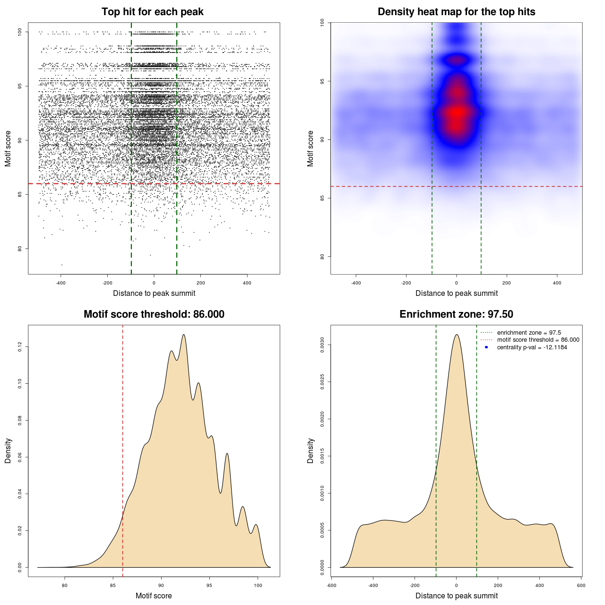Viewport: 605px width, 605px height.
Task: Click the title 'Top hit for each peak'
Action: pyautogui.click(x=152, y=12)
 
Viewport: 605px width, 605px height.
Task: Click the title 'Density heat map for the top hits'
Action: pyautogui.click(x=456, y=12)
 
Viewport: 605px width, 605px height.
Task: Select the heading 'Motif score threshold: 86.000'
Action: pyautogui.click(x=154, y=314)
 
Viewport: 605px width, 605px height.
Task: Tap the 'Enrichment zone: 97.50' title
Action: pyautogui.click(x=456, y=314)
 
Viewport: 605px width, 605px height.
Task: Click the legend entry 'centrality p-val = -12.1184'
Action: pyautogui.click(x=532, y=347)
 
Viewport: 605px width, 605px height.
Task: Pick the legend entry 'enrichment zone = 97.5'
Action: pyautogui.click(x=529, y=333)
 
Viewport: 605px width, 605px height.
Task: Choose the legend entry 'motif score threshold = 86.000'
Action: pyautogui.click(x=538, y=340)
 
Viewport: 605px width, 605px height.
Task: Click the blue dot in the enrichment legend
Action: pyautogui.click(x=486, y=347)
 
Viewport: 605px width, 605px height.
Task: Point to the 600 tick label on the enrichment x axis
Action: pyautogui.click(x=581, y=585)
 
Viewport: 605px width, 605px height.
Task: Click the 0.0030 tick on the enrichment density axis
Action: pyautogui.click(x=322, y=345)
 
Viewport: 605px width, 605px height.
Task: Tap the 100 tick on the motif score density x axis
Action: pyautogui.click(x=258, y=585)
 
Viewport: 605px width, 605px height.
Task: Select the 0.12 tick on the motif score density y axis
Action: pyautogui.click(x=20, y=347)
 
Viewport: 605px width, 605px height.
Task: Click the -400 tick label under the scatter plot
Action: pyautogui.click(x=60, y=283)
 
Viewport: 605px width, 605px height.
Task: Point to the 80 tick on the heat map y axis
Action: pyautogui.click(x=322, y=257)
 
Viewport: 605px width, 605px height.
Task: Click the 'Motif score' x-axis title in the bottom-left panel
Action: pyautogui.click(x=154, y=596)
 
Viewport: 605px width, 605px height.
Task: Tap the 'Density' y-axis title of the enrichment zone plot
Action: pyautogui.click(x=311, y=450)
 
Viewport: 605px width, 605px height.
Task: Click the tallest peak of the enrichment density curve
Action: pyautogui.click(x=456, y=335)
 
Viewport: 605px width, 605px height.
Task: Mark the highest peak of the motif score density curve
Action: pyautogui.click(x=183, y=335)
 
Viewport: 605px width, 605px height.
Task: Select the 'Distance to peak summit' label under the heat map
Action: pyautogui.click(x=456, y=293)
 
